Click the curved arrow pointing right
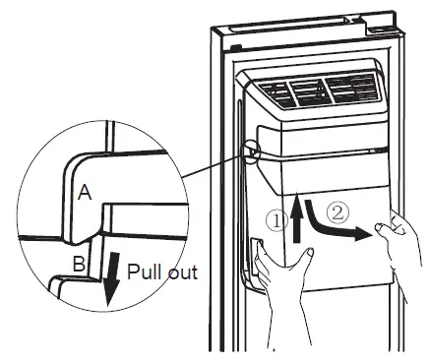tap(330, 225)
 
